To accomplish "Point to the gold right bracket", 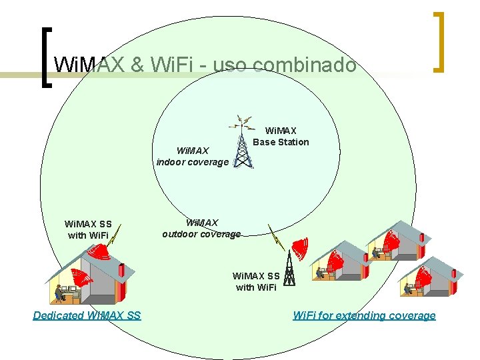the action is pyautogui.click(x=438, y=41).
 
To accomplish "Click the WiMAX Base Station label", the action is pyautogui.click(x=281, y=136).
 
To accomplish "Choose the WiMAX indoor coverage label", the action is pyautogui.click(x=192, y=157).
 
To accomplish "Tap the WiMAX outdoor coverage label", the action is pyautogui.click(x=201, y=228).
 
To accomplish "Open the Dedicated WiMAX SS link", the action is pyautogui.click(x=87, y=315).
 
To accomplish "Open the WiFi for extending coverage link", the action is pyautogui.click(x=364, y=315).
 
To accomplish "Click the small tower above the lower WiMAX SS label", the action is pyautogui.click(x=289, y=265).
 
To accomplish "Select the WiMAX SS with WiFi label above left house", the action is pyautogui.click(x=88, y=229).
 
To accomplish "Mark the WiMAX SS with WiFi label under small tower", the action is pyautogui.click(x=256, y=281).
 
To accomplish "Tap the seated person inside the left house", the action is pyautogui.click(x=60, y=292).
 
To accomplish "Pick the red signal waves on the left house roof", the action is pyautogui.click(x=99, y=252).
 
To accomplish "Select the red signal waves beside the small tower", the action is pyautogui.click(x=301, y=249).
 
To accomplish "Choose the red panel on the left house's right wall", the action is pyautogui.click(x=121, y=272).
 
